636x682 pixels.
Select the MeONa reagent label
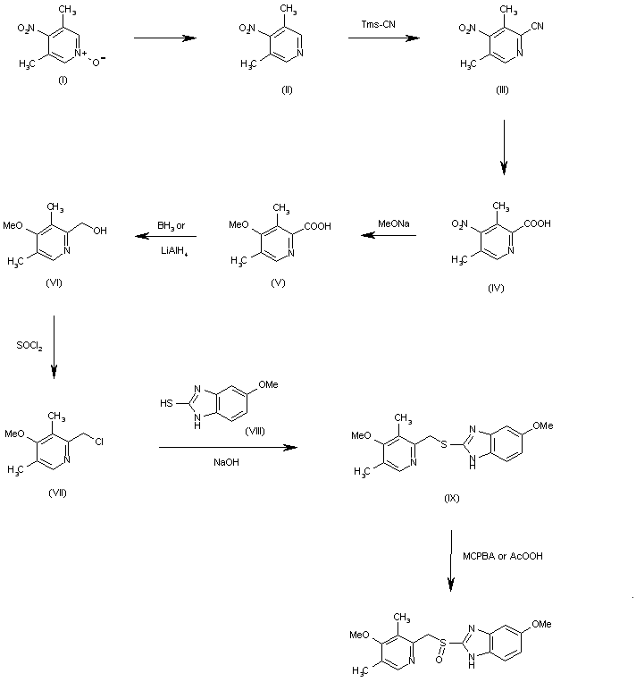click(x=388, y=224)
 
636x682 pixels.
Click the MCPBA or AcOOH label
click(x=503, y=555)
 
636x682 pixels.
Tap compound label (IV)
click(x=497, y=290)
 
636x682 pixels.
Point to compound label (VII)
click(x=58, y=492)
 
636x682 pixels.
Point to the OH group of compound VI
click(x=100, y=231)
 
